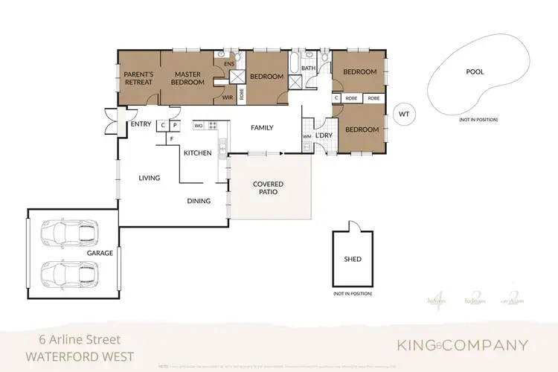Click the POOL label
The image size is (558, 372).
(x=475, y=72)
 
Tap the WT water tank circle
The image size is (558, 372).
(x=404, y=114)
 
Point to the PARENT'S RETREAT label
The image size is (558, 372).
(x=138, y=78)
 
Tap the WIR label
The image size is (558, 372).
(x=228, y=97)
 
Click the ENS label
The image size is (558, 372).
(x=229, y=65)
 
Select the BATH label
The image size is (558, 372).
(x=309, y=68)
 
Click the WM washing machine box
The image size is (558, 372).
(x=307, y=138)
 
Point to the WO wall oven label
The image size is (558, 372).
(x=199, y=126)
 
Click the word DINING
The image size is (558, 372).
(x=199, y=201)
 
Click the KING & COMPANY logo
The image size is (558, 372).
(x=461, y=345)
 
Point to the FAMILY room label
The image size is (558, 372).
(x=262, y=128)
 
